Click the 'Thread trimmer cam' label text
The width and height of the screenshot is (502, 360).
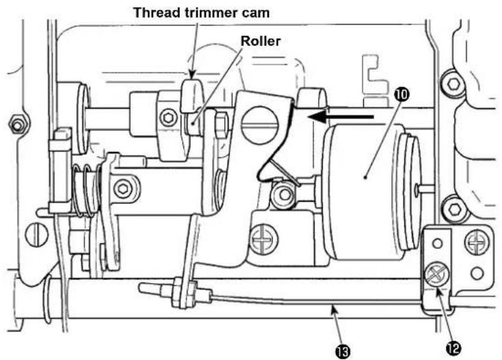[201, 13]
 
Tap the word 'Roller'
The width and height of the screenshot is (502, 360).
[261, 41]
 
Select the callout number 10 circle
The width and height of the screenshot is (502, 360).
[403, 94]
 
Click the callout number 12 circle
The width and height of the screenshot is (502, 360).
[453, 348]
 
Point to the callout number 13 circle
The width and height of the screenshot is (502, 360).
[343, 352]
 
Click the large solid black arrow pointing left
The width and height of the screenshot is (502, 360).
[341, 117]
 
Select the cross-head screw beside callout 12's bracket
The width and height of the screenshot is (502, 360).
[437, 274]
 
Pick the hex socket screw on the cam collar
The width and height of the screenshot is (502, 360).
[168, 118]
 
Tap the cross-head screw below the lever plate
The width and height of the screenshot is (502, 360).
[263, 239]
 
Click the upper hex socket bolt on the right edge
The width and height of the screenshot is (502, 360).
[453, 85]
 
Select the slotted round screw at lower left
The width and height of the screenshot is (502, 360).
[36, 235]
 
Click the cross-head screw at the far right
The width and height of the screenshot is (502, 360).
[477, 243]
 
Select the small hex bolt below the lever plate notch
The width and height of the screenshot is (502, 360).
[283, 194]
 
